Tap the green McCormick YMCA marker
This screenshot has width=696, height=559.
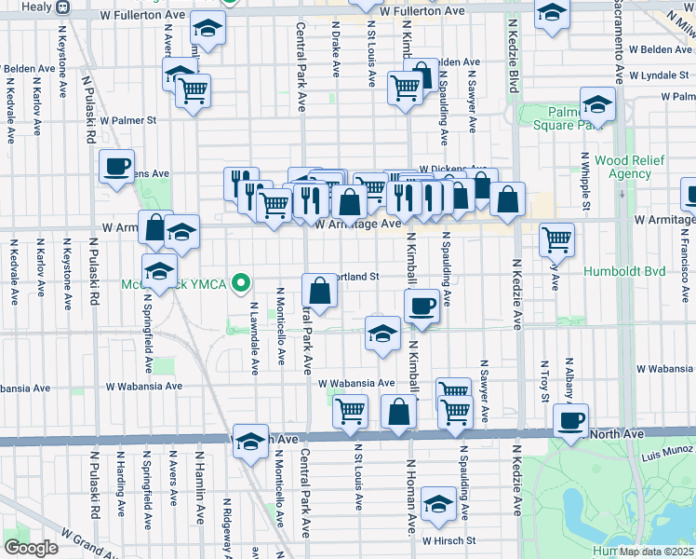pyautogui.click(x=242, y=280)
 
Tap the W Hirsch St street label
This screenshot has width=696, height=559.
pyautogui.click(x=448, y=540)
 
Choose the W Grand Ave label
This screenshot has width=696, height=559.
pyautogui.click(x=88, y=539)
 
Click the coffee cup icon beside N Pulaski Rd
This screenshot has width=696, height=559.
pyautogui.click(x=117, y=167)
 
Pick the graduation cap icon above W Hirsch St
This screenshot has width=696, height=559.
pyautogui.click(x=438, y=504)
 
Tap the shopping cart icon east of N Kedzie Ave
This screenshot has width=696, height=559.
pyautogui.click(x=556, y=239)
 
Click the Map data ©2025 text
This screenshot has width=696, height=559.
pyautogui.click(x=657, y=552)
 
